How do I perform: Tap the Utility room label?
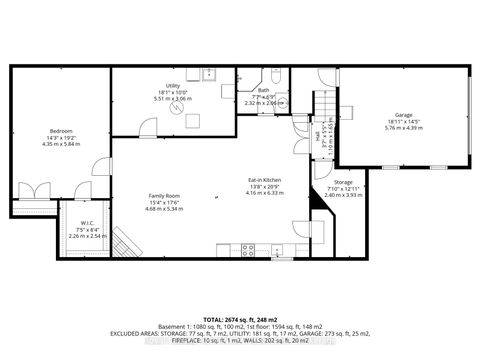click(x=173, y=88)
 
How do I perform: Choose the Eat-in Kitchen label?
click(x=263, y=180)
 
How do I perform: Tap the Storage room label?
click(x=343, y=183)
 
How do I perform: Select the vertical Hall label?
click(x=317, y=136)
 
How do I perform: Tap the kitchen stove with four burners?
click(x=248, y=251)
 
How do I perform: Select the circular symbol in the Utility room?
click(x=178, y=110)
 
